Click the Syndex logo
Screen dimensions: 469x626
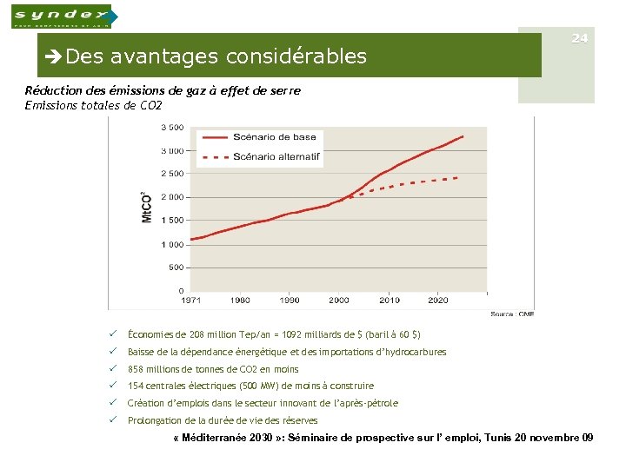click(x=61, y=16)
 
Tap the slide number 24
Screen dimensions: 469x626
click(x=580, y=38)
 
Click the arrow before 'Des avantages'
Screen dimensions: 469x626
click(x=55, y=57)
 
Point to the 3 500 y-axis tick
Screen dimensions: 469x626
click(x=171, y=128)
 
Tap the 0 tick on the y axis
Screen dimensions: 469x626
click(x=180, y=290)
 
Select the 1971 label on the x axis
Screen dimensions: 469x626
click(x=190, y=301)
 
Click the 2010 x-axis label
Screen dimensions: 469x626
click(x=389, y=301)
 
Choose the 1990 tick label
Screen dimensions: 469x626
click(x=289, y=301)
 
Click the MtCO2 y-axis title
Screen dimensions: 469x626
click(x=147, y=207)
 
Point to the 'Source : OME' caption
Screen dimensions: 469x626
click(x=511, y=314)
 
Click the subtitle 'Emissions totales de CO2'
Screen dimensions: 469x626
click(x=94, y=106)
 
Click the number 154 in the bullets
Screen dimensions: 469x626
click(x=135, y=386)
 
